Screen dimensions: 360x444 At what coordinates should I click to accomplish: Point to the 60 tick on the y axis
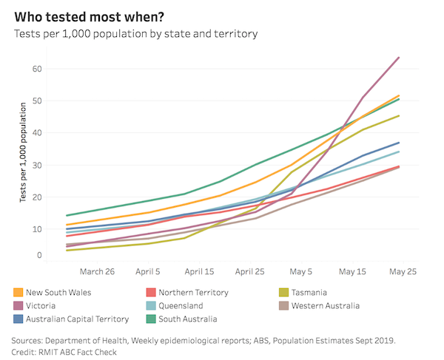pos(36,69)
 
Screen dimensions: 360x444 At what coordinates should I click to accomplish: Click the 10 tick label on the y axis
pos(36,229)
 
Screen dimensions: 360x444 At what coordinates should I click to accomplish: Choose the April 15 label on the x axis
pos(199,271)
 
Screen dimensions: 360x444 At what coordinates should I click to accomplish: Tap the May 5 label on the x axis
pos(300,271)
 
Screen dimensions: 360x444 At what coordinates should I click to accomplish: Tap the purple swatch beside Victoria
pos(18,306)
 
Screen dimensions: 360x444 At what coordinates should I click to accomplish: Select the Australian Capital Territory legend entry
pos(78,319)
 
